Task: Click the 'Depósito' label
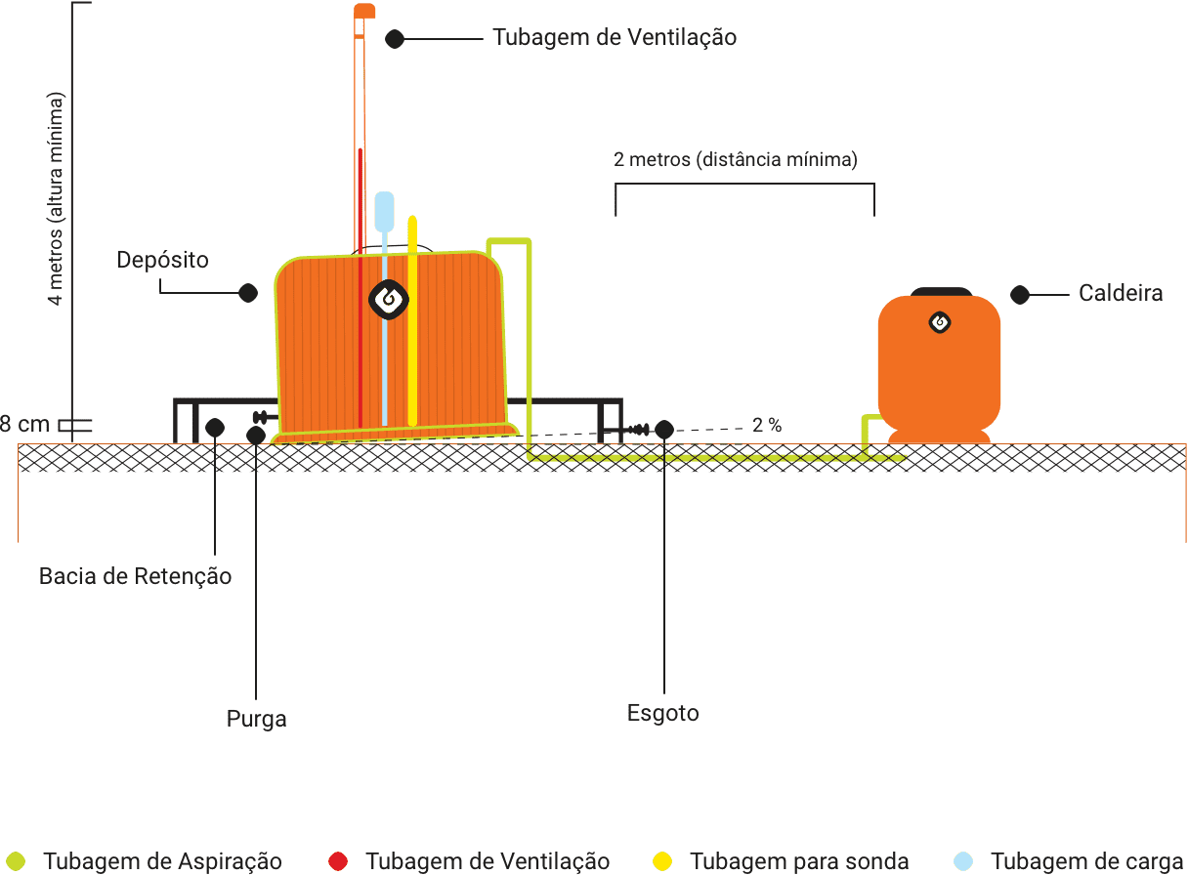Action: [162, 261]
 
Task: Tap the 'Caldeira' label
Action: [1121, 294]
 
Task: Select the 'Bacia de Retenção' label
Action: [136, 576]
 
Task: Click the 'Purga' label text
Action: [257, 720]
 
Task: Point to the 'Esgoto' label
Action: [663, 713]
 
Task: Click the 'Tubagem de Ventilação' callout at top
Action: [615, 38]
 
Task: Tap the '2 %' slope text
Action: [767, 426]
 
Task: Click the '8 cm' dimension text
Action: [26, 425]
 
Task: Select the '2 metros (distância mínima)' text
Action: [736, 159]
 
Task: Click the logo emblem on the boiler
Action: [939, 322]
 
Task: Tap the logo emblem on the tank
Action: [388, 300]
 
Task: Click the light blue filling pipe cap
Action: [384, 210]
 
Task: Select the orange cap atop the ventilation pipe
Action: [364, 11]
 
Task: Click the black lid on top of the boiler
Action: [940, 291]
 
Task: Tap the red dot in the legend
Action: [338, 861]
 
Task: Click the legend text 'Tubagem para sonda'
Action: [799, 861]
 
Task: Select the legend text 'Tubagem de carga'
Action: [1086, 861]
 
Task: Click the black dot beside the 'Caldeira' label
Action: [1020, 294]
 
